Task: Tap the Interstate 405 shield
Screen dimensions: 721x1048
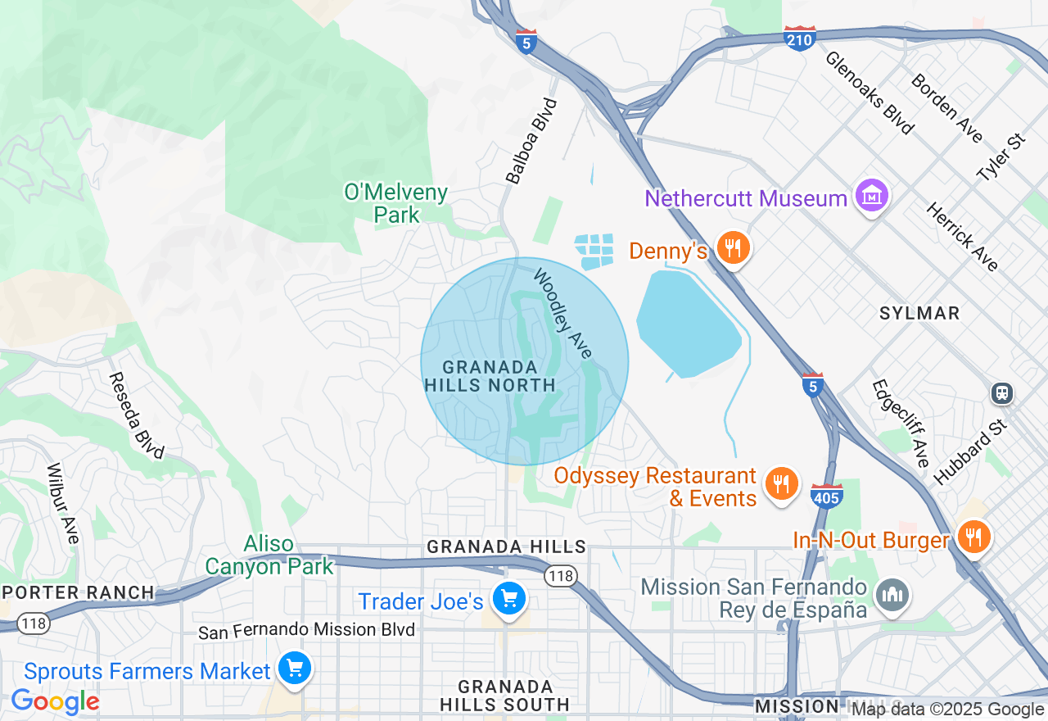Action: click(827, 496)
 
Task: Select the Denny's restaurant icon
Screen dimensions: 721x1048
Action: click(733, 248)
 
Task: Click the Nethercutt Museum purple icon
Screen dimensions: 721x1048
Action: click(871, 197)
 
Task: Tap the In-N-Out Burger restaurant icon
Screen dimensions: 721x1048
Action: click(973, 538)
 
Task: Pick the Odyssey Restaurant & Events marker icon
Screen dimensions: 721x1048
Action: click(782, 484)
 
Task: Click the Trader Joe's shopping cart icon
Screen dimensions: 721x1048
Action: click(509, 600)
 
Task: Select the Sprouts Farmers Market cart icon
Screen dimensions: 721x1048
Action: click(294, 669)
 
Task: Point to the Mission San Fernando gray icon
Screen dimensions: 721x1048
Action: click(892, 596)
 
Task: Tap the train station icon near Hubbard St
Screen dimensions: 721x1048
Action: click(1001, 393)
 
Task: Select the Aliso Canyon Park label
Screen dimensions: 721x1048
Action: click(269, 555)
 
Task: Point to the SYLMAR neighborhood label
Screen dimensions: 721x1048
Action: click(919, 314)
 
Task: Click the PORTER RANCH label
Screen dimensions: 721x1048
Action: click(78, 592)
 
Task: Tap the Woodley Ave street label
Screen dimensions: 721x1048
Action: click(562, 312)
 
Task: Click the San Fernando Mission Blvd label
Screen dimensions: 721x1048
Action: click(307, 630)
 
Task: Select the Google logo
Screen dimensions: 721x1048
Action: click(55, 702)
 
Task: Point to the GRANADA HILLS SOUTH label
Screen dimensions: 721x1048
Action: click(504, 695)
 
